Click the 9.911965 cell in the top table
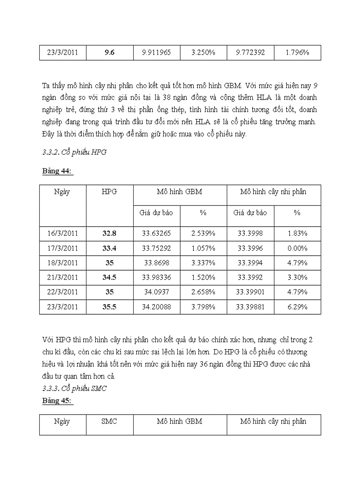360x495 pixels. coord(157,52)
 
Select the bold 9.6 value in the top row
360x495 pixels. coord(109,52)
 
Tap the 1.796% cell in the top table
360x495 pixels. coord(297,52)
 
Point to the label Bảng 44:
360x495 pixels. coord(57,171)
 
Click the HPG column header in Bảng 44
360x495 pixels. coord(109,192)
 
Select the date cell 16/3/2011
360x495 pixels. coord(62,233)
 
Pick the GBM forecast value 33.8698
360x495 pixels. coord(157,263)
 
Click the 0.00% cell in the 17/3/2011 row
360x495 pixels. coord(297,248)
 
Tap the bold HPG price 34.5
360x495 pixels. coord(109,278)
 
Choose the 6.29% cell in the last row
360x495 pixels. coord(297,307)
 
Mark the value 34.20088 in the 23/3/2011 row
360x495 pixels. coord(157,307)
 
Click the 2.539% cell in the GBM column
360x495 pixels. coord(203,233)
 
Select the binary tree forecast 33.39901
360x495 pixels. coord(250,292)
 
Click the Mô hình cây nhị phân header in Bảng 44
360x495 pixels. coord(273,192)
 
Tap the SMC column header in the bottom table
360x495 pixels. coord(109,421)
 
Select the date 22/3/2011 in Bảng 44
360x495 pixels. coord(62,292)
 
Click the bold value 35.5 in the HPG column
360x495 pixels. coord(109,307)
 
